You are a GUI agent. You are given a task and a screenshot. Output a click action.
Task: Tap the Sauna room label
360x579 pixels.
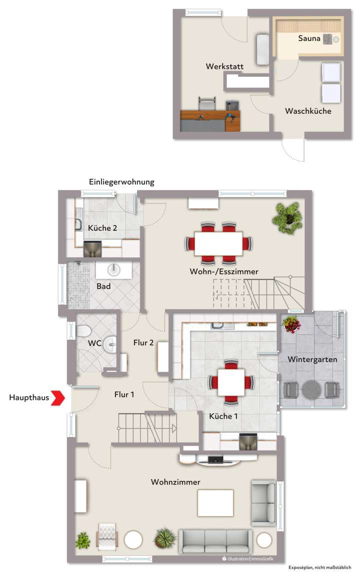click(x=309, y=38)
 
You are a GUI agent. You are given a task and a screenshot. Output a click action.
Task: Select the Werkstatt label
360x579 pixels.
click(x=220, y=66)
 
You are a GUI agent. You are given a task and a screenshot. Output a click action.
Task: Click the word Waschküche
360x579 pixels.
click(x=308, y=111)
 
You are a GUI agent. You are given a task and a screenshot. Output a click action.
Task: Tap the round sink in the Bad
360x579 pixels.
click(x=114, y=269)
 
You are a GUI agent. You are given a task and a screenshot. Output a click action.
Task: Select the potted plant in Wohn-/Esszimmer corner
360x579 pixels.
click(x=288, y=218)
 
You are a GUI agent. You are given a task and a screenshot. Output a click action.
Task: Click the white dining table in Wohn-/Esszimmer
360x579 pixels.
click(x=218, y=243)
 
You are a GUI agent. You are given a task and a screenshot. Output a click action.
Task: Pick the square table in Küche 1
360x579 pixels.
click(x=230, y=382)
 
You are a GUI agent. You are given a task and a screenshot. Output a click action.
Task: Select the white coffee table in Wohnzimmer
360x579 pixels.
click(x=215, y=502)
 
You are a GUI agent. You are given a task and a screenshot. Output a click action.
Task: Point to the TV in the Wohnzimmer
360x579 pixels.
click(x=216, y=459)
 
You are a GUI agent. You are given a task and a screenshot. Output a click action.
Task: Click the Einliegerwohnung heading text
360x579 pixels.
click(x=121, y=182)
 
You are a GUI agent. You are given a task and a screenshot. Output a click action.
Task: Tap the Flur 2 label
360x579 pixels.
click(x=143, y=342)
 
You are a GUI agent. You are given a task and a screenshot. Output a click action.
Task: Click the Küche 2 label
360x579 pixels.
click(x=102, y=228)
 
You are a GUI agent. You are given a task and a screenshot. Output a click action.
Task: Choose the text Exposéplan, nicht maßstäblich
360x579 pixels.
click(x=320, y=567)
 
